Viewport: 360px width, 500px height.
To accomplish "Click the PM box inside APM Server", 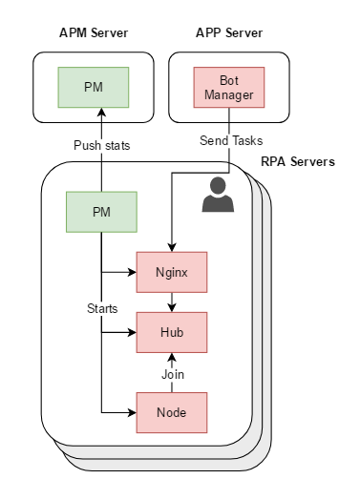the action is [94, 88].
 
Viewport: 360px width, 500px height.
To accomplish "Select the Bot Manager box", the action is [229, 88].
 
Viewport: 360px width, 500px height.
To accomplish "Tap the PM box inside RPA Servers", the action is [101, 212].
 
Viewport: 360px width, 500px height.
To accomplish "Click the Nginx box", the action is [172, 272].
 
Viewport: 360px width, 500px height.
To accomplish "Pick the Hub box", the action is [172, 333].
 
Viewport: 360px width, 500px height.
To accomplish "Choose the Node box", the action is [172, 412].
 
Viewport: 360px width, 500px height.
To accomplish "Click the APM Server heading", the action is [94, 32].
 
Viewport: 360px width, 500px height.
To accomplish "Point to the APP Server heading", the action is [229, 32].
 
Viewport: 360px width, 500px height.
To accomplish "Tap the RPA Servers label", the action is [298, 161].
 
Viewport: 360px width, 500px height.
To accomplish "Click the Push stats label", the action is [102, 145].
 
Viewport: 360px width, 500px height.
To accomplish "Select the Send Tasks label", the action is [231, 140].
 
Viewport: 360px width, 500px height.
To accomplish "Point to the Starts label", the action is [102, 308].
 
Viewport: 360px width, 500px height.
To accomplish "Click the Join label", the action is [173, 374].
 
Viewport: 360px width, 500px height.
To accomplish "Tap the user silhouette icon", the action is [218, 195].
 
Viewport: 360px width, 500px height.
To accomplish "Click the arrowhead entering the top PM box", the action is [101, 112].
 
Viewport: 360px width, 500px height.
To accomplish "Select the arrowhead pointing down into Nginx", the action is [172, 247].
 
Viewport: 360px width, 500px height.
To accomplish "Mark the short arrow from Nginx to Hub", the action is [172, 302].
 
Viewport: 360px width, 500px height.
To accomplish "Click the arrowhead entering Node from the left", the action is [132, 412].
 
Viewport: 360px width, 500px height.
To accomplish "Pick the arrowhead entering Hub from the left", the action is [132, 333].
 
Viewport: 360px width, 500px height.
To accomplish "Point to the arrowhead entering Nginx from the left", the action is [132, 272].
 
